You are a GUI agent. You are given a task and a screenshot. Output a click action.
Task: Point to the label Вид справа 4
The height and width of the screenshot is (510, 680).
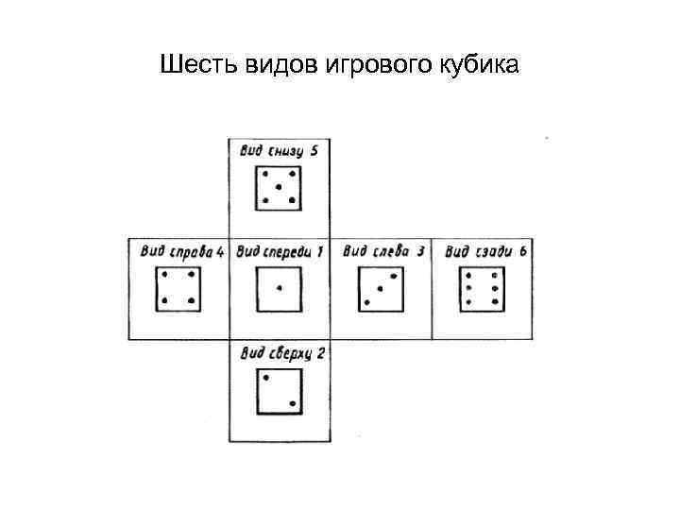(x=181, y=250)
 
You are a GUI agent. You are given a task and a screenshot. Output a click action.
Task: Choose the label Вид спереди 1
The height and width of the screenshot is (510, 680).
(x=280, y=250)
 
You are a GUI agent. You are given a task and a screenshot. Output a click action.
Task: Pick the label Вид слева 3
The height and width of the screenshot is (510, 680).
(x=382, y=250)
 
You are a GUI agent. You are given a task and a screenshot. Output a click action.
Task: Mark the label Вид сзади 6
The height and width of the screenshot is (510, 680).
(x=484, y=250)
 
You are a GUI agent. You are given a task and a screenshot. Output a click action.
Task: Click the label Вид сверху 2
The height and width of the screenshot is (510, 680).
(x=282, y=353)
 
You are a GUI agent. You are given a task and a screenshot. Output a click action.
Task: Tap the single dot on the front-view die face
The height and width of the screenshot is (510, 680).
(x=280, y=287)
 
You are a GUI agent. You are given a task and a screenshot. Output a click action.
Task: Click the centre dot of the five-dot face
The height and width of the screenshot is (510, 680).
(x=279, y=187)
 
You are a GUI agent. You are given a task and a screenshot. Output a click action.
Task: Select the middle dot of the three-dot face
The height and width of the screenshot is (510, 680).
(x=380, y=288)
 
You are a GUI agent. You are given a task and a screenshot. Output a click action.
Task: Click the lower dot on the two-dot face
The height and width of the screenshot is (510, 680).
(x=293, y=404)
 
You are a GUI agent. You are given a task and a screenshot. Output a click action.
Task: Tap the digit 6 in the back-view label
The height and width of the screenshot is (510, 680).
(x=522, y=250)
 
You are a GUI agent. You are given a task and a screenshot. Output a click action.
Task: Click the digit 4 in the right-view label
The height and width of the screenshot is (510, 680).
(x=219, y=250)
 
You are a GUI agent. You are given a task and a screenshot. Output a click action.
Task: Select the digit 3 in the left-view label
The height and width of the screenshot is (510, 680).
(x=419, y=250)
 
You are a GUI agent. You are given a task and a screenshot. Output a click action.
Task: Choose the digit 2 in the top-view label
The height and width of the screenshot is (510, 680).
(x=321, y=353)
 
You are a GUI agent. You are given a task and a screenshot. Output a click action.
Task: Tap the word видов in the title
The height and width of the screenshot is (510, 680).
(x=272, y=66)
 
